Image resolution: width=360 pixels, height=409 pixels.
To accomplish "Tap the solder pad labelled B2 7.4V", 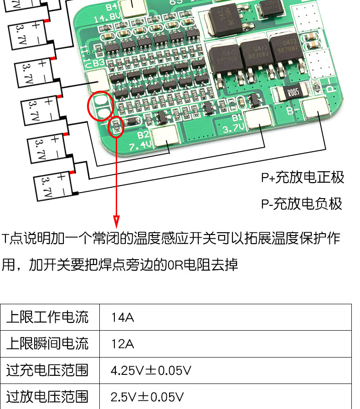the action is tap(165, 137).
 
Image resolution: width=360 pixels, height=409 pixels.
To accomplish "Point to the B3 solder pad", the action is tap(98, 80).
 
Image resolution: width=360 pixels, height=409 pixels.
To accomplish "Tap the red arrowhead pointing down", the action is tap(117, 222).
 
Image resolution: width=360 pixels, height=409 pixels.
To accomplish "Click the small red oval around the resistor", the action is tap(116, 126).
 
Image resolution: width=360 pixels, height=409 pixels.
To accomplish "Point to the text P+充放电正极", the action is tap(302, 177).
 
